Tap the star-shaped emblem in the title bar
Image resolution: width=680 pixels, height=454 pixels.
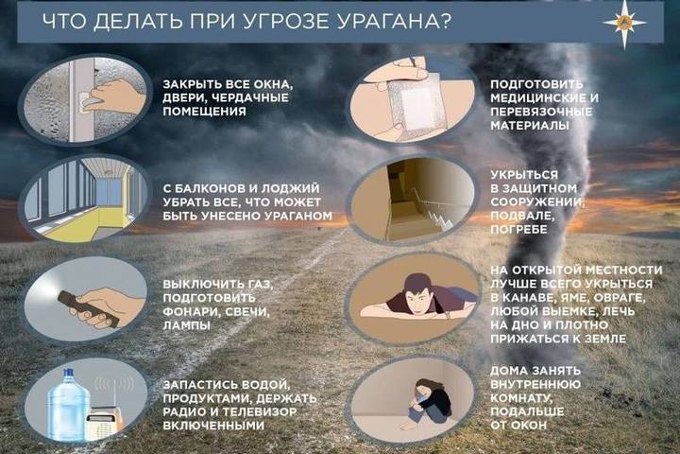coord(624,23)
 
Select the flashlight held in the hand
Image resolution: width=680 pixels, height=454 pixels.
coord(89,309)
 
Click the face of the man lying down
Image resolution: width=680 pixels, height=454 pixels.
coord(417,295)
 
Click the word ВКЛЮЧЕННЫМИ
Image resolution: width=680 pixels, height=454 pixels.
coord(213,426)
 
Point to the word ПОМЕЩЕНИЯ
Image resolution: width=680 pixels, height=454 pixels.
coord(204,112)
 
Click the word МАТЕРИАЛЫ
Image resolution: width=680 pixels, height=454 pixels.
coord(530,125)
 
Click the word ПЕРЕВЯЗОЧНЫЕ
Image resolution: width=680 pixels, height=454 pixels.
coord(541,112)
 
